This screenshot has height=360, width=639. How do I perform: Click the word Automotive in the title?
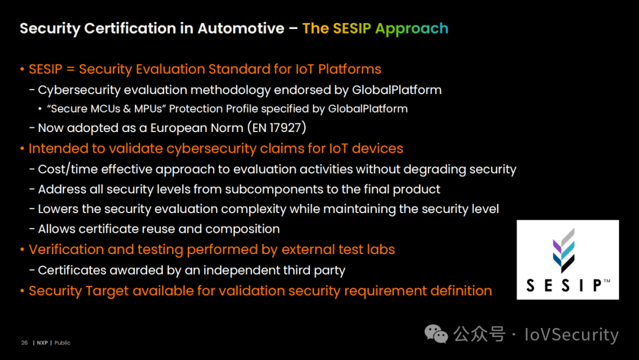(241, 28)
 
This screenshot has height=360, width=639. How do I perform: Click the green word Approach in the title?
(412, 28)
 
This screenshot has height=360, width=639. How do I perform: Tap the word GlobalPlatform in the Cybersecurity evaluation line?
(396, 89)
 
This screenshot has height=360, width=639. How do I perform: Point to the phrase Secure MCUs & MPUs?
(106, 109)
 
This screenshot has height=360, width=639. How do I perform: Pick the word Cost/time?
(68, 169)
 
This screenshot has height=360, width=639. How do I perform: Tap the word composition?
(243, 229)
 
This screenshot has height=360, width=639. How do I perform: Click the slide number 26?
(24, 343)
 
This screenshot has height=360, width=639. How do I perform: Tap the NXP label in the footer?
(43, 343)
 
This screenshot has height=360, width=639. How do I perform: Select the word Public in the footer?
(62, 343)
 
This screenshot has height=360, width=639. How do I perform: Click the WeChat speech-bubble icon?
(436, 335)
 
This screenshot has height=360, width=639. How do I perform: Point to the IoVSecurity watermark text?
(572, 335)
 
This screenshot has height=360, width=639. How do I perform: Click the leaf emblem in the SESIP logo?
(564, 250)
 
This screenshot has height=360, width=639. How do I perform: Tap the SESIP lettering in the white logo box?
(564, 285)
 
